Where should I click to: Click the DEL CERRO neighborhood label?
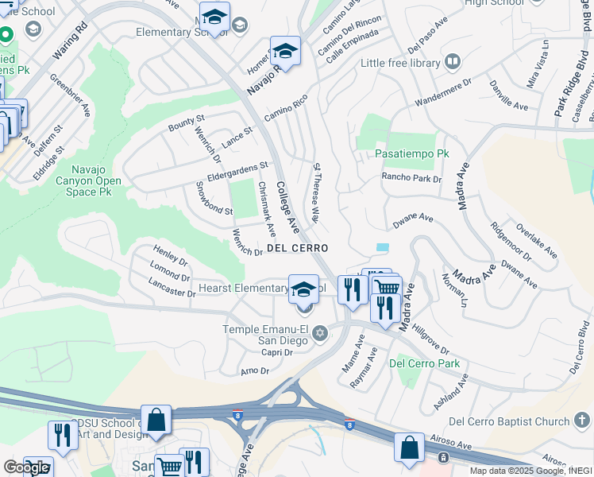[x=298, y=249]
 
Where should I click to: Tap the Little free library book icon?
[x=452, y=62]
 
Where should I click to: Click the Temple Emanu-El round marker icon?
[x=319, y=333]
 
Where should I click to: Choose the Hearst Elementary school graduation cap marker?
[x=303, y=291]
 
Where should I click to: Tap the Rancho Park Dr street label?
[x=411, y=178]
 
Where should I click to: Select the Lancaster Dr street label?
[x=172, y=289]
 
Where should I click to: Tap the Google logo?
[x=26, y=467]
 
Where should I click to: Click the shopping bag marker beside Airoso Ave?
[x=410, y=448]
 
